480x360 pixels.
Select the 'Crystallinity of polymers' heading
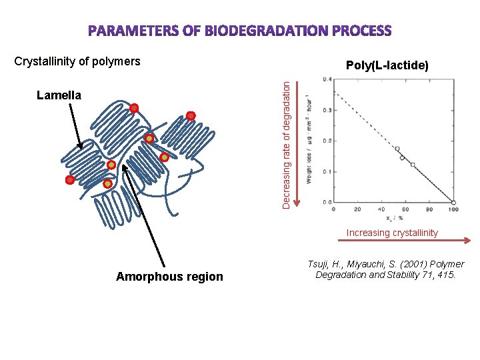[77, 61]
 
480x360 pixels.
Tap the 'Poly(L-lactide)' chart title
[387, 65]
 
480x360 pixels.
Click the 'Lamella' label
[59, 95]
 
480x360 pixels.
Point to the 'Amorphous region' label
[169, 277]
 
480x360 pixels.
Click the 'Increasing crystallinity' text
[392, 233]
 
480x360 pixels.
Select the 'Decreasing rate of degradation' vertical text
[286, 144]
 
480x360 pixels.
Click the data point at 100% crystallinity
[453, 202]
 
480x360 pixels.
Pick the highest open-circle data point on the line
[397, 149]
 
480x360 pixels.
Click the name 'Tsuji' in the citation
[319, 265]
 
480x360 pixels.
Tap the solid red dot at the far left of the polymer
[69, 180]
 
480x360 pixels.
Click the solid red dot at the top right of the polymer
[191, 115]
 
